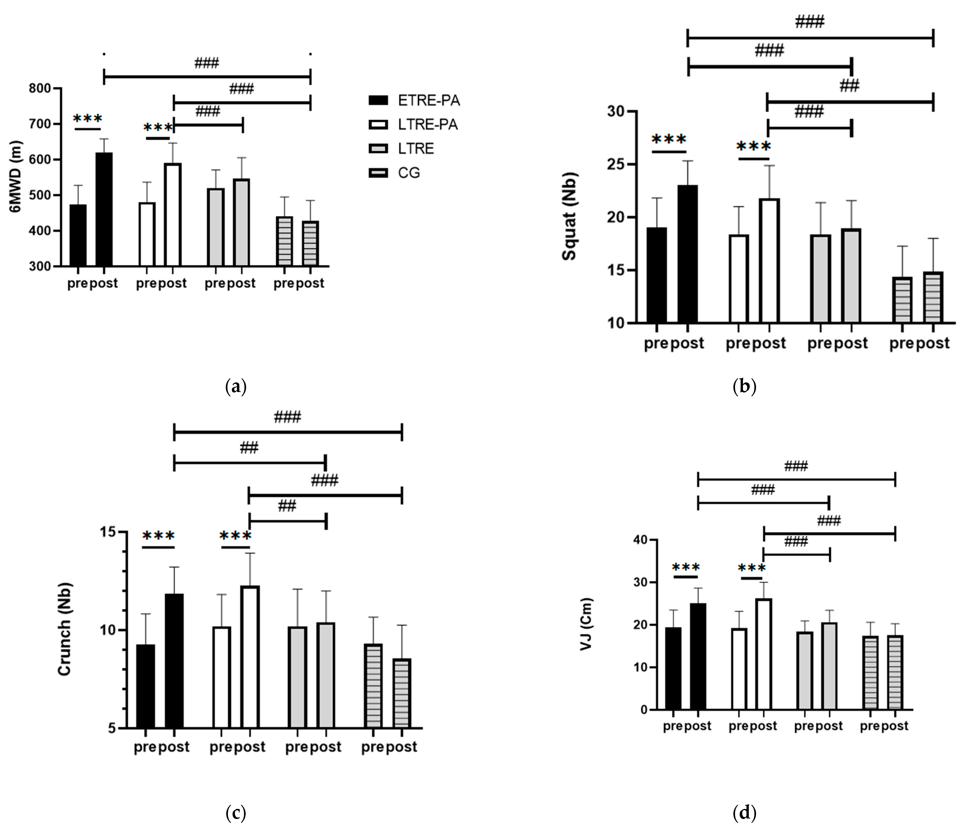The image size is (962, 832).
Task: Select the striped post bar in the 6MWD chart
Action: (310, 243)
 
